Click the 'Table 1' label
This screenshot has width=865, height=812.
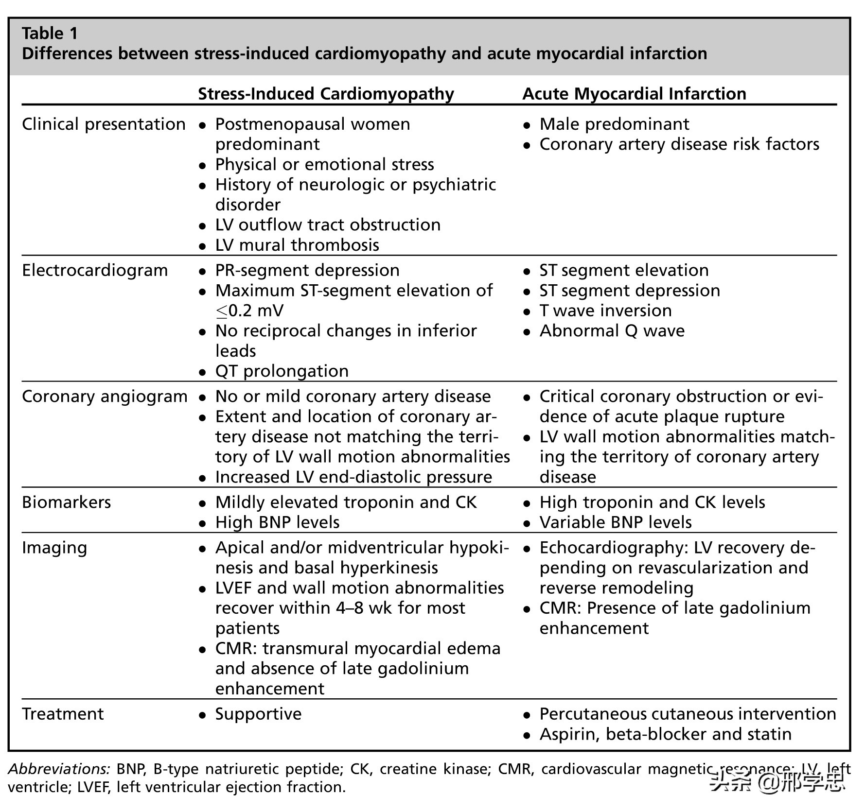click(50, 33)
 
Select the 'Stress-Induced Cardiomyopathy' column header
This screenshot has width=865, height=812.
click(326, 93)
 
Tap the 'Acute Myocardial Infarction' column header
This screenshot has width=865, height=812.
click(634, 93)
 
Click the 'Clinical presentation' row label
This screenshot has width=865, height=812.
click(104, 124)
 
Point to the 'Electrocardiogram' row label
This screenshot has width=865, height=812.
click(95, 270)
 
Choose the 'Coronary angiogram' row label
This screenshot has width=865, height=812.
click(105, 397)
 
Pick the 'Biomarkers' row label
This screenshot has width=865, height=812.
click(67, 502)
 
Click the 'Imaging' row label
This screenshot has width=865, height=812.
click(54, 548)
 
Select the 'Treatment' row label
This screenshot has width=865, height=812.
click(63, 714)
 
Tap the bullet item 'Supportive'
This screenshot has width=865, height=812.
click(258, 714)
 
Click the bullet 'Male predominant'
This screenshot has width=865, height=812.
click(614, 124)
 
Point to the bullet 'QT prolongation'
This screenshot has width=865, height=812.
click(282, 371)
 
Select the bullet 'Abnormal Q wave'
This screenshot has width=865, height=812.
click(612, 331)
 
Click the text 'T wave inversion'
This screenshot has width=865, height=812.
click(605, 311)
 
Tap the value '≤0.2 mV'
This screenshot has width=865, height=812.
click(249, 311)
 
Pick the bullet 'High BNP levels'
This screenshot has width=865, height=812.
click(277, 522)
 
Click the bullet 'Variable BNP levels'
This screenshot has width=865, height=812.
click(615, 522)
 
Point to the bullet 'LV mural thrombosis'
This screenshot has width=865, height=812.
click(297, 245)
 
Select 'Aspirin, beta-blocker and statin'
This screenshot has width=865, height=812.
click(665, 734)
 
